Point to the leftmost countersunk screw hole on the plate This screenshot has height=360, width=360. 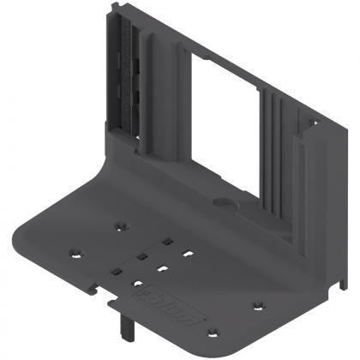tap(75, 255)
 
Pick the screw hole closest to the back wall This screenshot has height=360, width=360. tap(121, 225)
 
